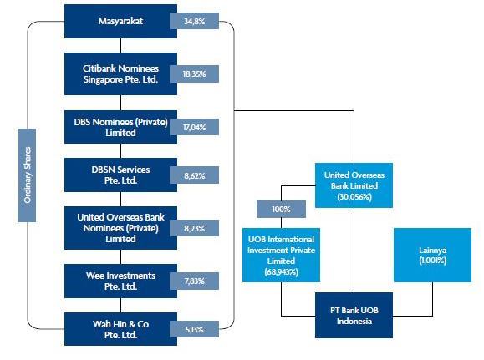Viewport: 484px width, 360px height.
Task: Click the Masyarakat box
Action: pos(120,21)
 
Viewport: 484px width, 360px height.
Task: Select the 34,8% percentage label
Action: pos(195,21)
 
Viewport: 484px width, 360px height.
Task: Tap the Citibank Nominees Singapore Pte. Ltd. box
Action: pos(120,74)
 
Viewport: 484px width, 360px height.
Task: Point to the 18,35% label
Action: pos(195,74)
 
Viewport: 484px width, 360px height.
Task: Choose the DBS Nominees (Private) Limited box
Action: pos(120,127)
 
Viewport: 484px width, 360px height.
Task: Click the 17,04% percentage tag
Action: pos(195,127)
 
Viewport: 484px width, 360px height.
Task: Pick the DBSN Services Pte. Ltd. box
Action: pos(120,175)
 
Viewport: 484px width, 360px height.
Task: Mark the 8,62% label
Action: pos(195,175)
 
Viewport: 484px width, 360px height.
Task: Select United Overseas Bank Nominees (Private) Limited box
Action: pos(120,228)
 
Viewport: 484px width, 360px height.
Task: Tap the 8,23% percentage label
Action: pos(195,228)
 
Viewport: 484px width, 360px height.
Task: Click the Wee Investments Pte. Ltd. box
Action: pos(120,281)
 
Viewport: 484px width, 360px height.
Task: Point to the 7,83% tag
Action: pos(195,281)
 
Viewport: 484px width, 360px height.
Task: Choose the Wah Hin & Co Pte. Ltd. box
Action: pos(120,329)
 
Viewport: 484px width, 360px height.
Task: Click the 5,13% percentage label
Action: pos(195,329)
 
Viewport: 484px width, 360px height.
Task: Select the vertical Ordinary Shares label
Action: pos(27,175)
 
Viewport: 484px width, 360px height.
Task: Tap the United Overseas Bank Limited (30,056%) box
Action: pos(354,185)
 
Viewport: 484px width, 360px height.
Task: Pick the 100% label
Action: pos(281,209)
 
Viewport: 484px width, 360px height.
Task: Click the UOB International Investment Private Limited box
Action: pos(281,255)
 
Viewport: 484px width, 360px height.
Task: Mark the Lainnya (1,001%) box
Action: pos(432,255)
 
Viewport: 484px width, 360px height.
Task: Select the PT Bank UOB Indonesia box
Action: pos(354,315)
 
